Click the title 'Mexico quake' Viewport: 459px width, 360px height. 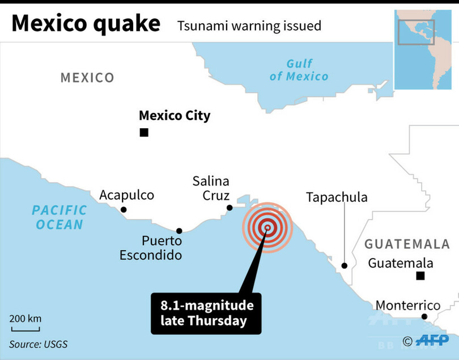pos(86,24)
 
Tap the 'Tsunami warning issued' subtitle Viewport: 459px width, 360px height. pos(249,26)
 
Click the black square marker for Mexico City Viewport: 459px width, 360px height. pos(144,133)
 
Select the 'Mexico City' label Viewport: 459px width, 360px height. pos(175,116)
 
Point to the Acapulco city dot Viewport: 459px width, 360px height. pos(124,210)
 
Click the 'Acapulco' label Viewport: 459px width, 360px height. pos(127,195)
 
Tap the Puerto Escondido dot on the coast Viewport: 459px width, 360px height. pos(179,231)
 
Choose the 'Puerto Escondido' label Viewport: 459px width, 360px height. pos(151,248)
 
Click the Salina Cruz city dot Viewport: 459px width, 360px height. pos(229,207)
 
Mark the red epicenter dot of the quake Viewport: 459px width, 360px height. pos(267,228)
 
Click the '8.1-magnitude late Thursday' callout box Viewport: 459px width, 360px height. pos(206,313)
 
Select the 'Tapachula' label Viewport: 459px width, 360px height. pos(337,197)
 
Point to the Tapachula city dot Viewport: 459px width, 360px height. pos(344,265)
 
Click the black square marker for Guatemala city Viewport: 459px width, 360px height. pos(420,276)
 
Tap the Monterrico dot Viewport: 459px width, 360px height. pos(424,317)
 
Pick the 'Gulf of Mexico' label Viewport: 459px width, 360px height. pos(299,70)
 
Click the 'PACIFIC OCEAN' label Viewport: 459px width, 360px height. pos(59,217)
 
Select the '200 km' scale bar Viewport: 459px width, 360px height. pos(25,324)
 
